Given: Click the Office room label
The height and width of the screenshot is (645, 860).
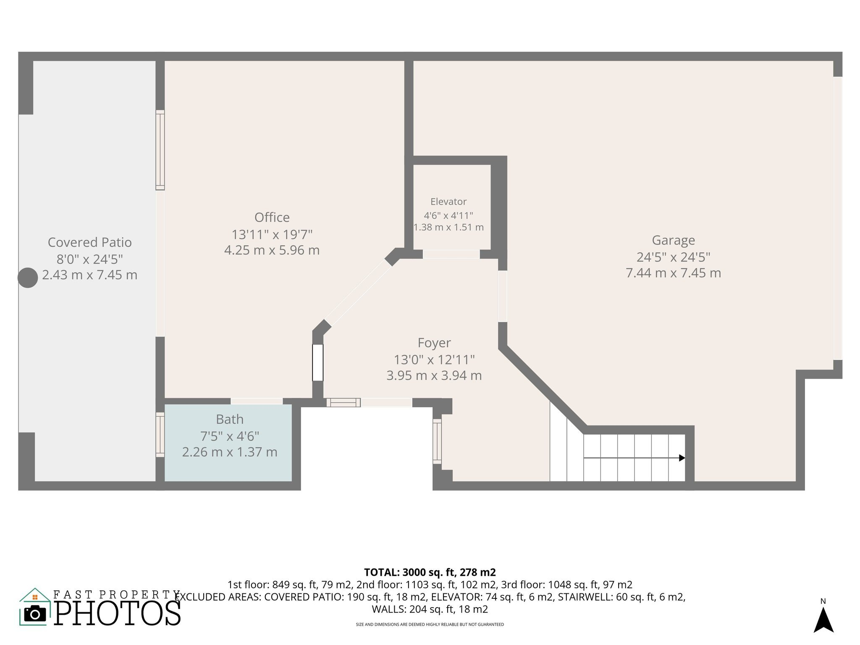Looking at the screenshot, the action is tap(272, 218).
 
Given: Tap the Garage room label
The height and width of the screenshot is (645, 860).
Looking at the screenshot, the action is tap(673, 240).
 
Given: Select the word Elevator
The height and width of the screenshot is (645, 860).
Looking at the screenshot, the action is tap(448, 202).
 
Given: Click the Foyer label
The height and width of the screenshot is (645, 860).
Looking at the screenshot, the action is tap(434, 343).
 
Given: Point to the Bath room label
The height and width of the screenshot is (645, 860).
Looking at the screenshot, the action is tap(230, 419).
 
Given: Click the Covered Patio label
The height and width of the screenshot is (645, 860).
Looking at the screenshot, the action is tap(90, 242).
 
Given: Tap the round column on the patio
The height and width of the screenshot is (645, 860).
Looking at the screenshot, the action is tap(28, 278).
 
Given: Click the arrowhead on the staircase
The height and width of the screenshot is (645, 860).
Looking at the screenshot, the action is tap(682, 458).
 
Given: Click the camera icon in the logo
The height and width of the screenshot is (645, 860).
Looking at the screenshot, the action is tap(35, 614).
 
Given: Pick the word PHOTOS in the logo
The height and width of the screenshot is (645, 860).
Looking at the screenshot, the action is tap(118, 614).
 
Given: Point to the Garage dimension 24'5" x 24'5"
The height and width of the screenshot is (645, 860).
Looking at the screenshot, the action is tap(673, 257).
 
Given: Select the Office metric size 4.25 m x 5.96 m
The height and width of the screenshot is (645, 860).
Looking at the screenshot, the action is tap(272, 250).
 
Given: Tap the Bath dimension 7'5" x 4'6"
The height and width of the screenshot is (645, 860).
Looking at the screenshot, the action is tap(230, 436).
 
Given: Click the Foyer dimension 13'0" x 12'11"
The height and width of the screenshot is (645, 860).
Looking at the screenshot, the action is tap(434, 360).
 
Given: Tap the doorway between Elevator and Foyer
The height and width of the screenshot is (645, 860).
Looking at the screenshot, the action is tap(451, 254).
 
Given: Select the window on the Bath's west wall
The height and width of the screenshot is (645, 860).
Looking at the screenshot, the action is tap(160, 435).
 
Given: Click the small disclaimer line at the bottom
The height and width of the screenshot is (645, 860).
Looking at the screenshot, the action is tap(430, 624).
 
